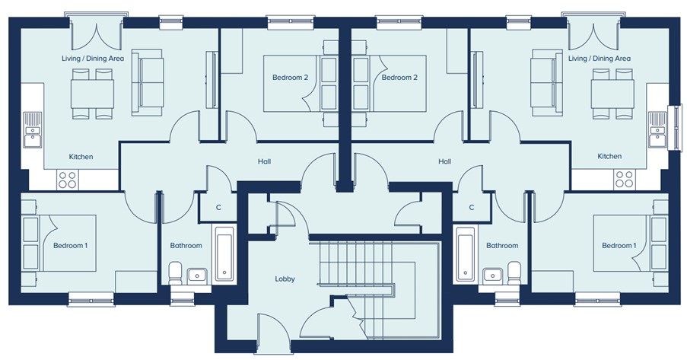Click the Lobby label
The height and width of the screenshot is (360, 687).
pos(285,279)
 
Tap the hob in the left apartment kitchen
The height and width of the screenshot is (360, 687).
pos(67,180)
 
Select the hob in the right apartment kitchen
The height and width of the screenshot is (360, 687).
pos(625,180)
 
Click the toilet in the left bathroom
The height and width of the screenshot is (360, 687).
pos(176,272)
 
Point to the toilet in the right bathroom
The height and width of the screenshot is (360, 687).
pos(514,272)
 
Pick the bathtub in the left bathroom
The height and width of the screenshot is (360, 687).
pos(224,253)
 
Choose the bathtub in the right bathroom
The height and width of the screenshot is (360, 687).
pos(465,253)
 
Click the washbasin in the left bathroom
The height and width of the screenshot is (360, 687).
pos(198,276)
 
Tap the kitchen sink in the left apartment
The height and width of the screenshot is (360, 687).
pos(33,130)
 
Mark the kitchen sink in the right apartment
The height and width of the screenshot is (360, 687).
pos(657,130)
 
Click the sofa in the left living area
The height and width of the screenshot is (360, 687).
pos(148,82)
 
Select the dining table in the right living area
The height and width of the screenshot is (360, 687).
pos(612,94)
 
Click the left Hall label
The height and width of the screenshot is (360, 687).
pos(264,161)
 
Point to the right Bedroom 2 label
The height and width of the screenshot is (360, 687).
pos(399,78)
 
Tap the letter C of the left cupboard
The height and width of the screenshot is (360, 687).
pos(218,208)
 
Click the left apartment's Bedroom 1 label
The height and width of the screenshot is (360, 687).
pos(71,246)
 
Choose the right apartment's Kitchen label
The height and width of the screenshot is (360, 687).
pos(609,156)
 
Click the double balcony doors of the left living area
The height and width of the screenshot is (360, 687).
pos(97,35)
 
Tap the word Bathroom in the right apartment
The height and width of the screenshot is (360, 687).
pos(502,246)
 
